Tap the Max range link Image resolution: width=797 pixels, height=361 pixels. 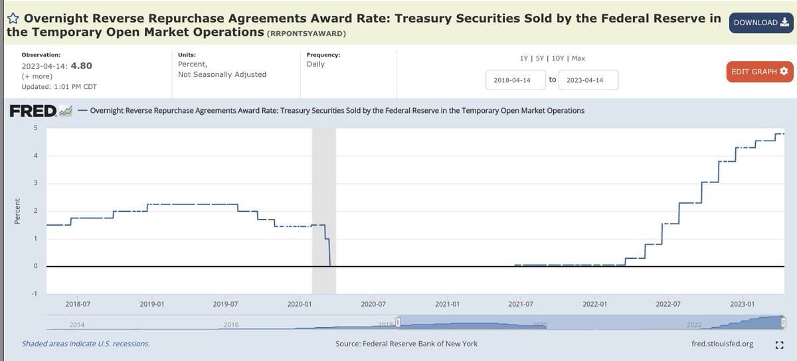pos(578,58)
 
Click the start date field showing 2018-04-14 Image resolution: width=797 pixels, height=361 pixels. pos(515,80)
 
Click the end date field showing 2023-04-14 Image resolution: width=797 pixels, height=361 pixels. pos(588,80)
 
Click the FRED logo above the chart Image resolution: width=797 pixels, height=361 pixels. pos(40,111)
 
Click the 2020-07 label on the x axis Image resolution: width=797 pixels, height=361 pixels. pos(373,304)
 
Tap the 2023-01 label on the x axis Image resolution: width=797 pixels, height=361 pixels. pos(743,304)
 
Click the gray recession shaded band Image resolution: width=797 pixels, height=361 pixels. pos(324,199)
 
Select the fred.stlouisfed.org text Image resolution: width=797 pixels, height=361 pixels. pos(722,344)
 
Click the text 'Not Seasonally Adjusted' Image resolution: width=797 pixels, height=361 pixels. pos(222,74)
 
